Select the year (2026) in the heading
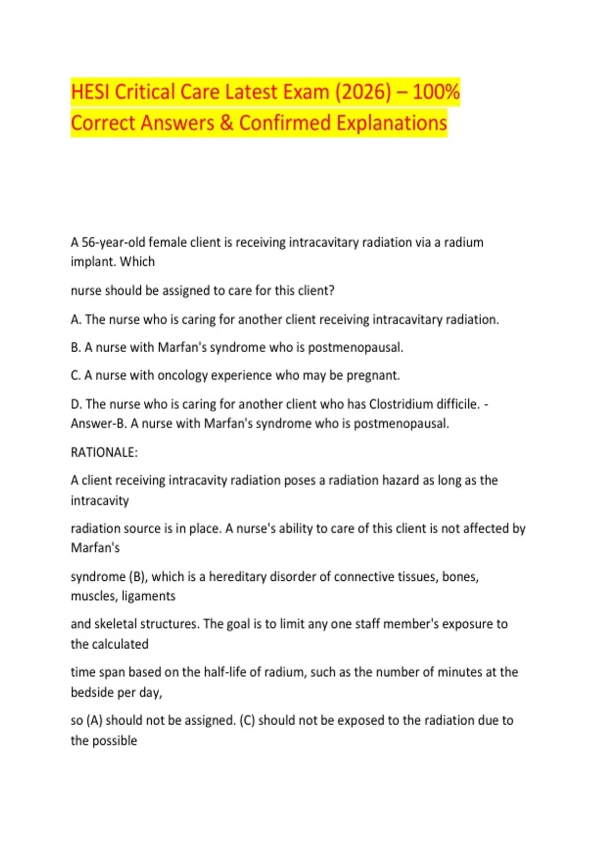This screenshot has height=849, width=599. [363, 92]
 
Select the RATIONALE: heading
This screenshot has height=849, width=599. [104, 452]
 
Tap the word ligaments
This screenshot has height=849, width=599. [149, 596]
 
